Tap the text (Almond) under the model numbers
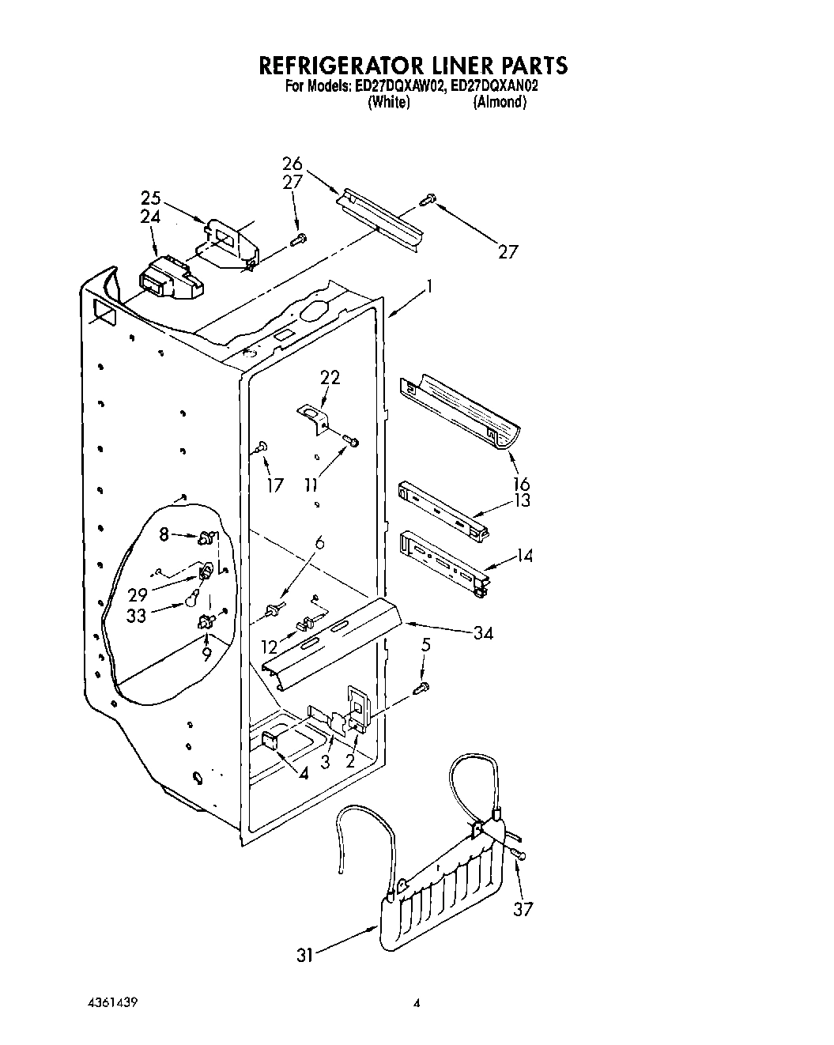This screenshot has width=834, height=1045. point(499,103)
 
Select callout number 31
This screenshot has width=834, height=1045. point(305,956)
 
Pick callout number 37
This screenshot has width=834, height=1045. point(523,909)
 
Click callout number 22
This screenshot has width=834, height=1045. point(330,377)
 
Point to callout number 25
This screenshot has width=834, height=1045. point(150,198)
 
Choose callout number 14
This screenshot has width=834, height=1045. point(524,556)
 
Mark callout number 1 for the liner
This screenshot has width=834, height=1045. point(429,288)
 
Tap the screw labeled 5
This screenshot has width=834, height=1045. point(424,686)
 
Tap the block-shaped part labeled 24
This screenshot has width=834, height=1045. point(168,278)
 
